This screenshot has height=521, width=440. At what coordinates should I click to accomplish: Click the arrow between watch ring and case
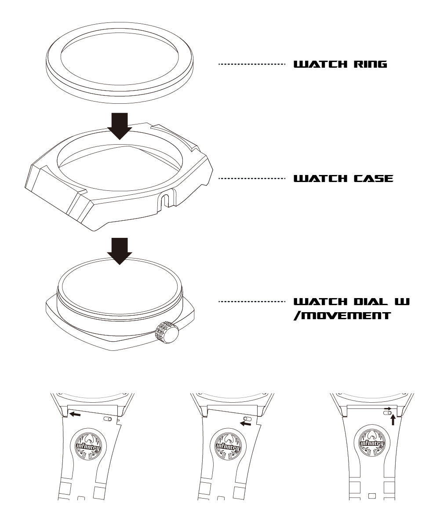[x=120, y=126]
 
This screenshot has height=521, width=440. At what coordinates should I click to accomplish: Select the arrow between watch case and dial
[x=120, y=251]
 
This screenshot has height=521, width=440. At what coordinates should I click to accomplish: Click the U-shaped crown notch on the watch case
[x=165, y=200]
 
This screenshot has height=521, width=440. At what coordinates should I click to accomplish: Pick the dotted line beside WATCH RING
[x=252, y=64]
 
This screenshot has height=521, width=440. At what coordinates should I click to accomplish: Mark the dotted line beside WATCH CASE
[x=252, y=179]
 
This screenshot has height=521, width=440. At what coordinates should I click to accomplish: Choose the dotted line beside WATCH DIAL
[x=252, y=302]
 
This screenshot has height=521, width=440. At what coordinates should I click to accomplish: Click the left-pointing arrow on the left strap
[x=74, y=414]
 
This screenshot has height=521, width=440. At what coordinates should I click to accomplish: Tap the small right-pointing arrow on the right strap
[x=387, y=408]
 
